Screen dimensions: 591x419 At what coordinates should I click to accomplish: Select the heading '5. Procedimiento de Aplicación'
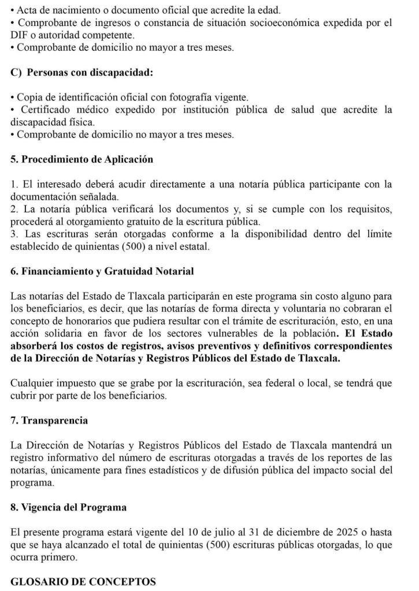(81, 159)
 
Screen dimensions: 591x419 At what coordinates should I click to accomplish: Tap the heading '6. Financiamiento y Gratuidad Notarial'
(102, 271)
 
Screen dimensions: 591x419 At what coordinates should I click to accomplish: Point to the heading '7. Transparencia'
(49, 420)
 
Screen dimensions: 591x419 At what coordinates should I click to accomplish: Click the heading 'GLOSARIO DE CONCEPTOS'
(83, 582)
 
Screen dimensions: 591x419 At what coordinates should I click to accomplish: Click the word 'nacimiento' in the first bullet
(65, 10)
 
